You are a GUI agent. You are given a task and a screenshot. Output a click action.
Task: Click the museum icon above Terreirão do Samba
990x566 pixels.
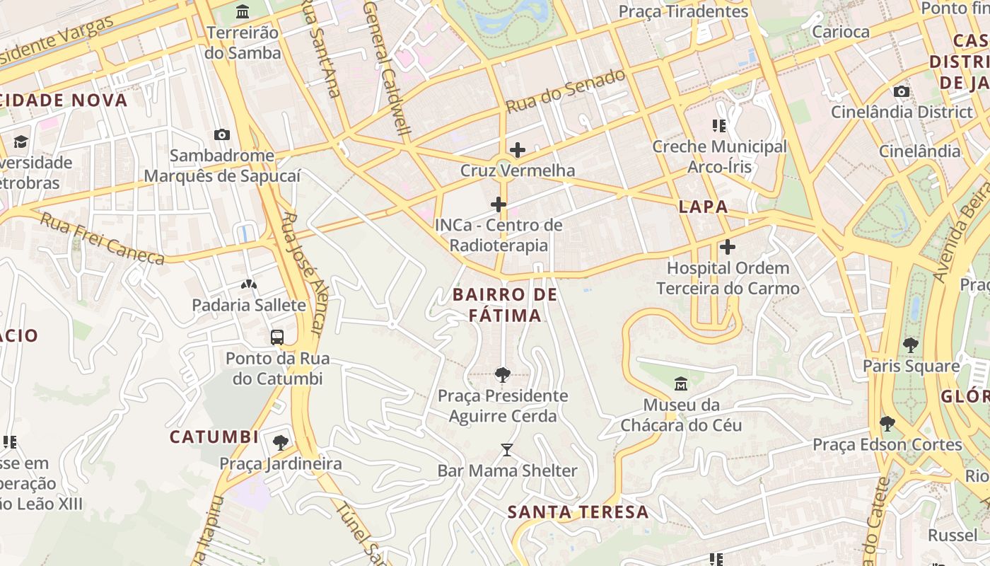[243, 11]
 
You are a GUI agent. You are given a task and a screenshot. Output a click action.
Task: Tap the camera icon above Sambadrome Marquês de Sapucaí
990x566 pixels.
[222, 134]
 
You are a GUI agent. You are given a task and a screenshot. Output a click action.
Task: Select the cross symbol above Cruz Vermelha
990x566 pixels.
[518, 149]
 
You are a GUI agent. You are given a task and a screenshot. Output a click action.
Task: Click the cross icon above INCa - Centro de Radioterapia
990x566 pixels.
[499, 204]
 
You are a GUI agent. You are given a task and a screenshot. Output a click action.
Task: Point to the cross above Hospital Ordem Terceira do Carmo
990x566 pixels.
[728, 247]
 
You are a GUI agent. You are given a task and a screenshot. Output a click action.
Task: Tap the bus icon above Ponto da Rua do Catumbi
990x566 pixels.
[277, 337]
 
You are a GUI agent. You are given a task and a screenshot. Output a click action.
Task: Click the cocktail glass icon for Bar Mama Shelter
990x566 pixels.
[507, 449]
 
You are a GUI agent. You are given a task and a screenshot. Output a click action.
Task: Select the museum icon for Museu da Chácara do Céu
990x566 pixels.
[681, 384]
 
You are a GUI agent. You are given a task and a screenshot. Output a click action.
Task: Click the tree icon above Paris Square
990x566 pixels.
[911, 345]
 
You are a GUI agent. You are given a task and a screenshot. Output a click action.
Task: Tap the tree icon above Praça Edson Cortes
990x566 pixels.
[887, 424]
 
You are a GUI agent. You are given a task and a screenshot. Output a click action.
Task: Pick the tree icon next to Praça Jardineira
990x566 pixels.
[281, 443]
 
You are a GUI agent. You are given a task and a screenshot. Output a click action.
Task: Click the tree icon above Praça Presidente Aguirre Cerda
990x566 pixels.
[503, 374]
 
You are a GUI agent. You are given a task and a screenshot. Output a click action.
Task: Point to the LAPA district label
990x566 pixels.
[703, 207]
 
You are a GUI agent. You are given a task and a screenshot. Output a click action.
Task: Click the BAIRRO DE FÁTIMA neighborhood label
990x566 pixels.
[505, 305]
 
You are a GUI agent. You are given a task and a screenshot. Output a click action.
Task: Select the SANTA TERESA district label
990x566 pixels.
[578, 512]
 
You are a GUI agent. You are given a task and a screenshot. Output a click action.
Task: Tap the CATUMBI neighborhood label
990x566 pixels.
[214, 437]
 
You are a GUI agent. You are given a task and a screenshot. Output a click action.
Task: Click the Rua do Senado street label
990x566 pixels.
[566, 91]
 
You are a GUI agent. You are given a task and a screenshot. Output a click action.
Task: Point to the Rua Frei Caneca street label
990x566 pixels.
[103, 238]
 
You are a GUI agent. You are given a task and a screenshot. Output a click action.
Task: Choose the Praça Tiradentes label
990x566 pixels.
[683, 11]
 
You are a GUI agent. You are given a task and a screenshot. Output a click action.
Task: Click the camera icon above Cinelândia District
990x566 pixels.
[902, 91]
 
